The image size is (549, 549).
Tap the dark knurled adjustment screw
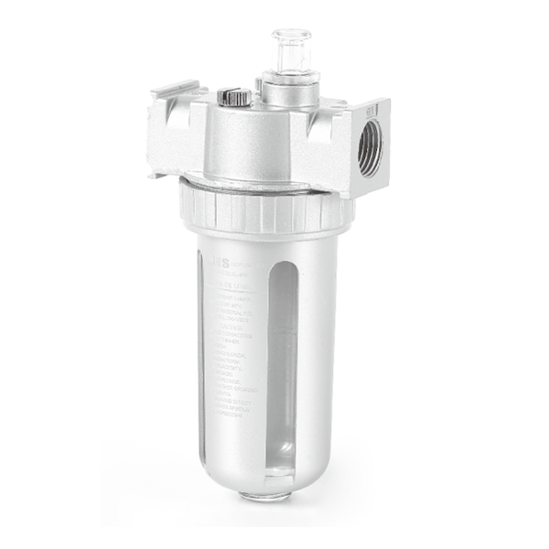233,96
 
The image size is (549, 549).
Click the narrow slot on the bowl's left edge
203,357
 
